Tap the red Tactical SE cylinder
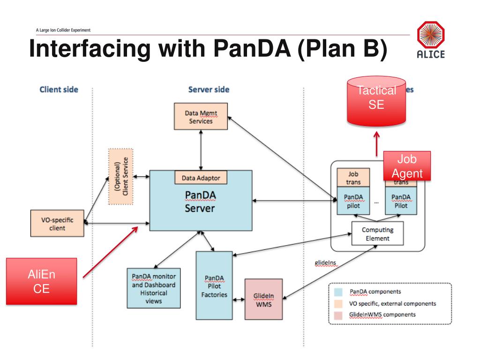376,101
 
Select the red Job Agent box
407,166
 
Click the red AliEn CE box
42,281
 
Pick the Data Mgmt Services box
201,116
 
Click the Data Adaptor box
201,178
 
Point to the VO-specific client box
57,223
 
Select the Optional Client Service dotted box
121,176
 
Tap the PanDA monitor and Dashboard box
154,288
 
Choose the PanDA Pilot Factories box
214,285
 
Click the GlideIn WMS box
263,300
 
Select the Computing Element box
377,233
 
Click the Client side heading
59,90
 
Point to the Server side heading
209,90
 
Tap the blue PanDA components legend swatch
338,292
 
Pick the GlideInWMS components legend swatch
338,315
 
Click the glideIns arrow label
325,262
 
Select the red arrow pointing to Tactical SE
377,144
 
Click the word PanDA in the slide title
252,48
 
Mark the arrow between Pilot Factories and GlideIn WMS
239,300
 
